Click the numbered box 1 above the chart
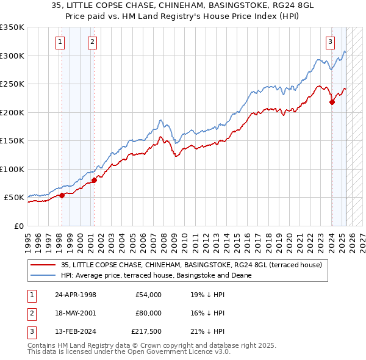click(61, 42)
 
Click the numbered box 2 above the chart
click(92, 42)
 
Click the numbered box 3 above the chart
click(330, 42)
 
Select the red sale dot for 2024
click(332, 103)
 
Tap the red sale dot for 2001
click(94, 180)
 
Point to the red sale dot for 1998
click(62, 195)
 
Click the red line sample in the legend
click(43, 265)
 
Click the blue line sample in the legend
click(43, 275)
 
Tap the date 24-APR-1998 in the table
click(75, 295)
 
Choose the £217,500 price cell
click(146, 331)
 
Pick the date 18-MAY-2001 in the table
click(75, 313)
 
